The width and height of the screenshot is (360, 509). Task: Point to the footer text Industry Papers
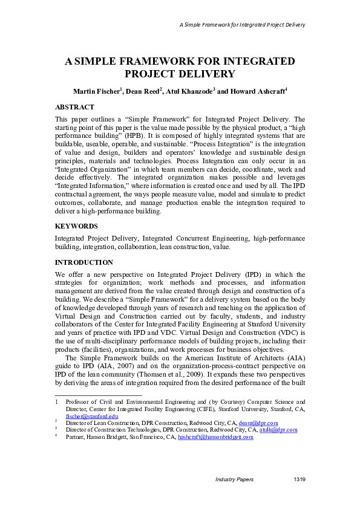tap(235, 479)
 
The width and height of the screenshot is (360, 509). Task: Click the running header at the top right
tap(241, 25)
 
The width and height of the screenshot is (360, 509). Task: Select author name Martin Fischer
tap(99, 91)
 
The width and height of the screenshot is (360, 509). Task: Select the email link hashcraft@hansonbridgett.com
tap(215, 437)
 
